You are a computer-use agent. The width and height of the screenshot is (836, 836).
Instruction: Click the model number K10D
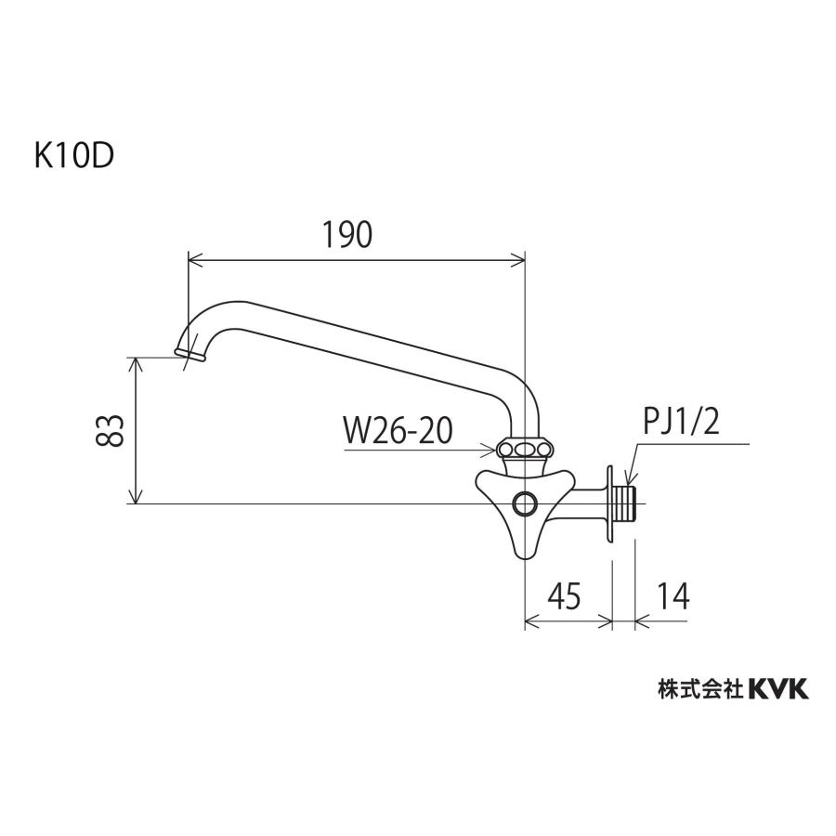click(73, 155)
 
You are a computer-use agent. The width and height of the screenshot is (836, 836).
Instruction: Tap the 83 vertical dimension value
click(111, 429)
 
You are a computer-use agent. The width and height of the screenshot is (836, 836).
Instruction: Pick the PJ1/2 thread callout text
click(681, 424)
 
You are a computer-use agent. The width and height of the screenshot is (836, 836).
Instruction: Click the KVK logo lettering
click(778, 688)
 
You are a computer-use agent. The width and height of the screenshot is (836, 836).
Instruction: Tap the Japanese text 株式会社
click(699, 688)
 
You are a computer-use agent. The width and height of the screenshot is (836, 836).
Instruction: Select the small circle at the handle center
click(525, 504)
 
